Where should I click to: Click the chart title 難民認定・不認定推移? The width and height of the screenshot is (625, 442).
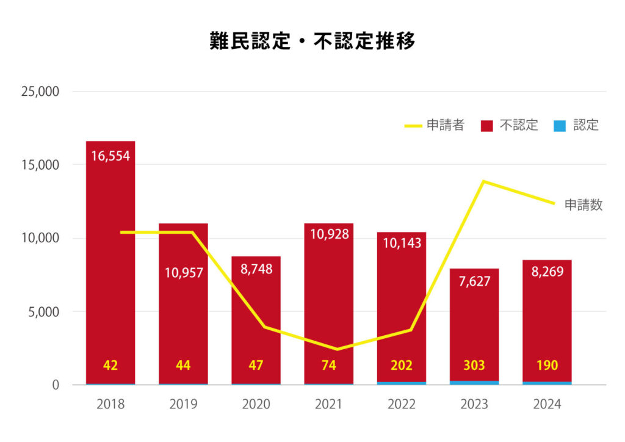(312, 42)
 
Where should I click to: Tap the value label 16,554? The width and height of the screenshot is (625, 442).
(110, 156)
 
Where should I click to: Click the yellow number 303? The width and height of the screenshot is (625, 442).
(474, 366)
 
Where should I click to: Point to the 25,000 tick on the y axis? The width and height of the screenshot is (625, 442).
(40, 92)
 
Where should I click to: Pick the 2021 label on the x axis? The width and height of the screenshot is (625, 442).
(329, 404)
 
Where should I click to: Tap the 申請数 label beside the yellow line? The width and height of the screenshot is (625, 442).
(583, 205)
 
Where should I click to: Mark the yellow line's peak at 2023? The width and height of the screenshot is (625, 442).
(483, 181)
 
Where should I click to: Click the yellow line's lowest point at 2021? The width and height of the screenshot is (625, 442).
(337, 349)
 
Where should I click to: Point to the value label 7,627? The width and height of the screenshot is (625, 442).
(474, 281)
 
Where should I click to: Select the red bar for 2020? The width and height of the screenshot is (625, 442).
(256, 324)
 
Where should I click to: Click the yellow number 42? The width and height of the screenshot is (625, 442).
(110, 366)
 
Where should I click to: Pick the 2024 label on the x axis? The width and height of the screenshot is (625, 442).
(547, 404)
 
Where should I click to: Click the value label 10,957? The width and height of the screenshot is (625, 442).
(183, 272)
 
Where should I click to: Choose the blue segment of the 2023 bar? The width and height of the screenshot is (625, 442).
(474, 383)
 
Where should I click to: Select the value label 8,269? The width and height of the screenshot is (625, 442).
(547, 272)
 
